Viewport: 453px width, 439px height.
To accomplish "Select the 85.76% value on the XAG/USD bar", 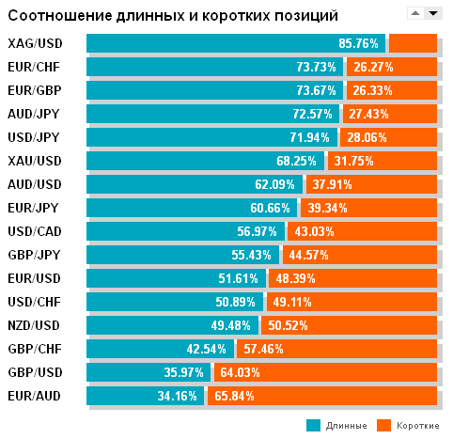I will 358,44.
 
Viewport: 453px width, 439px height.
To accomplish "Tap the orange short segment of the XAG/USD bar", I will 413,43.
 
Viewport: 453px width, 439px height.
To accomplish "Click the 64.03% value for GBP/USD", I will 238,372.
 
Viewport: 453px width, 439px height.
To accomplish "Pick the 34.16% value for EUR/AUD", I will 178,396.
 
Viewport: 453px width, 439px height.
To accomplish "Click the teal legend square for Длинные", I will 313,425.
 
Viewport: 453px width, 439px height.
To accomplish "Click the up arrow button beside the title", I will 414,13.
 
